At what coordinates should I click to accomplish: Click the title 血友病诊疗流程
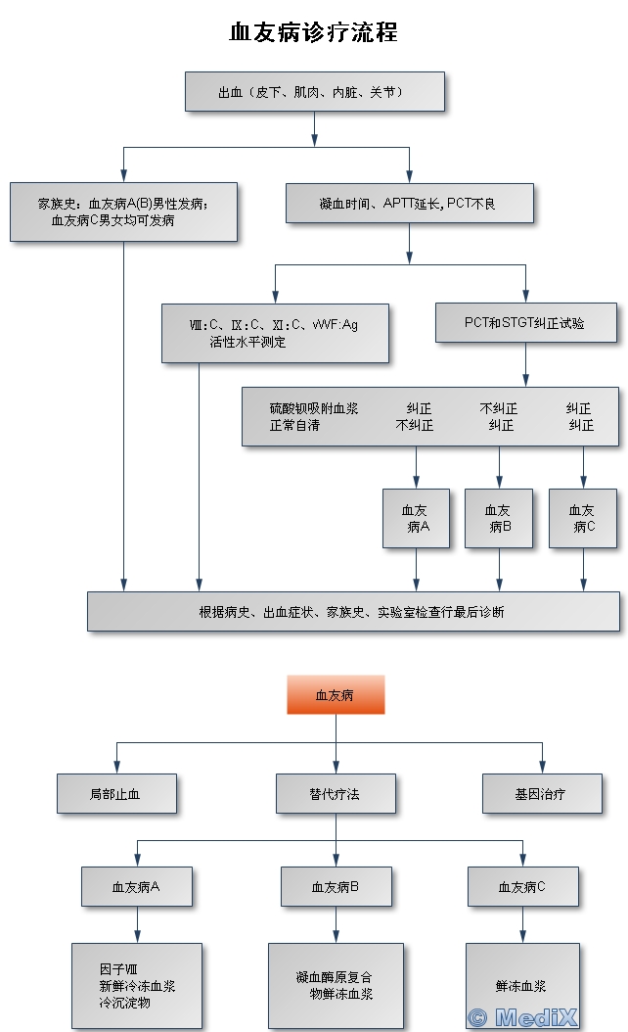point(313,32)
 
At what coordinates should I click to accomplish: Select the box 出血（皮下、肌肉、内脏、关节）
point(315,92)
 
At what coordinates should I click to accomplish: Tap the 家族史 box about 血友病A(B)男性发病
point(123,211)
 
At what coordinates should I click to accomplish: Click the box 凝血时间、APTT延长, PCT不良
point(410,203)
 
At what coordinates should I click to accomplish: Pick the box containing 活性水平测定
point(275,333)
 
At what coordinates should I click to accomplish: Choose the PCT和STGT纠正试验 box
point(525,322)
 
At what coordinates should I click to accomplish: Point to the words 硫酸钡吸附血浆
point(314,408)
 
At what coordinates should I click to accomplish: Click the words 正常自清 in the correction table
point(293,426)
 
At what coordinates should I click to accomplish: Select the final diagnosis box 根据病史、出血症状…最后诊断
point(353,612)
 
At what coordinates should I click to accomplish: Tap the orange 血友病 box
point(336,695)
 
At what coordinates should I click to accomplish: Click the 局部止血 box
point(116,794)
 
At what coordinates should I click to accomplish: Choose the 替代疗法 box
point(336,794)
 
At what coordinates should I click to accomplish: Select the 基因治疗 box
point(542,794)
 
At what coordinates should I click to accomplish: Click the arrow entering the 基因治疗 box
point(542,759)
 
